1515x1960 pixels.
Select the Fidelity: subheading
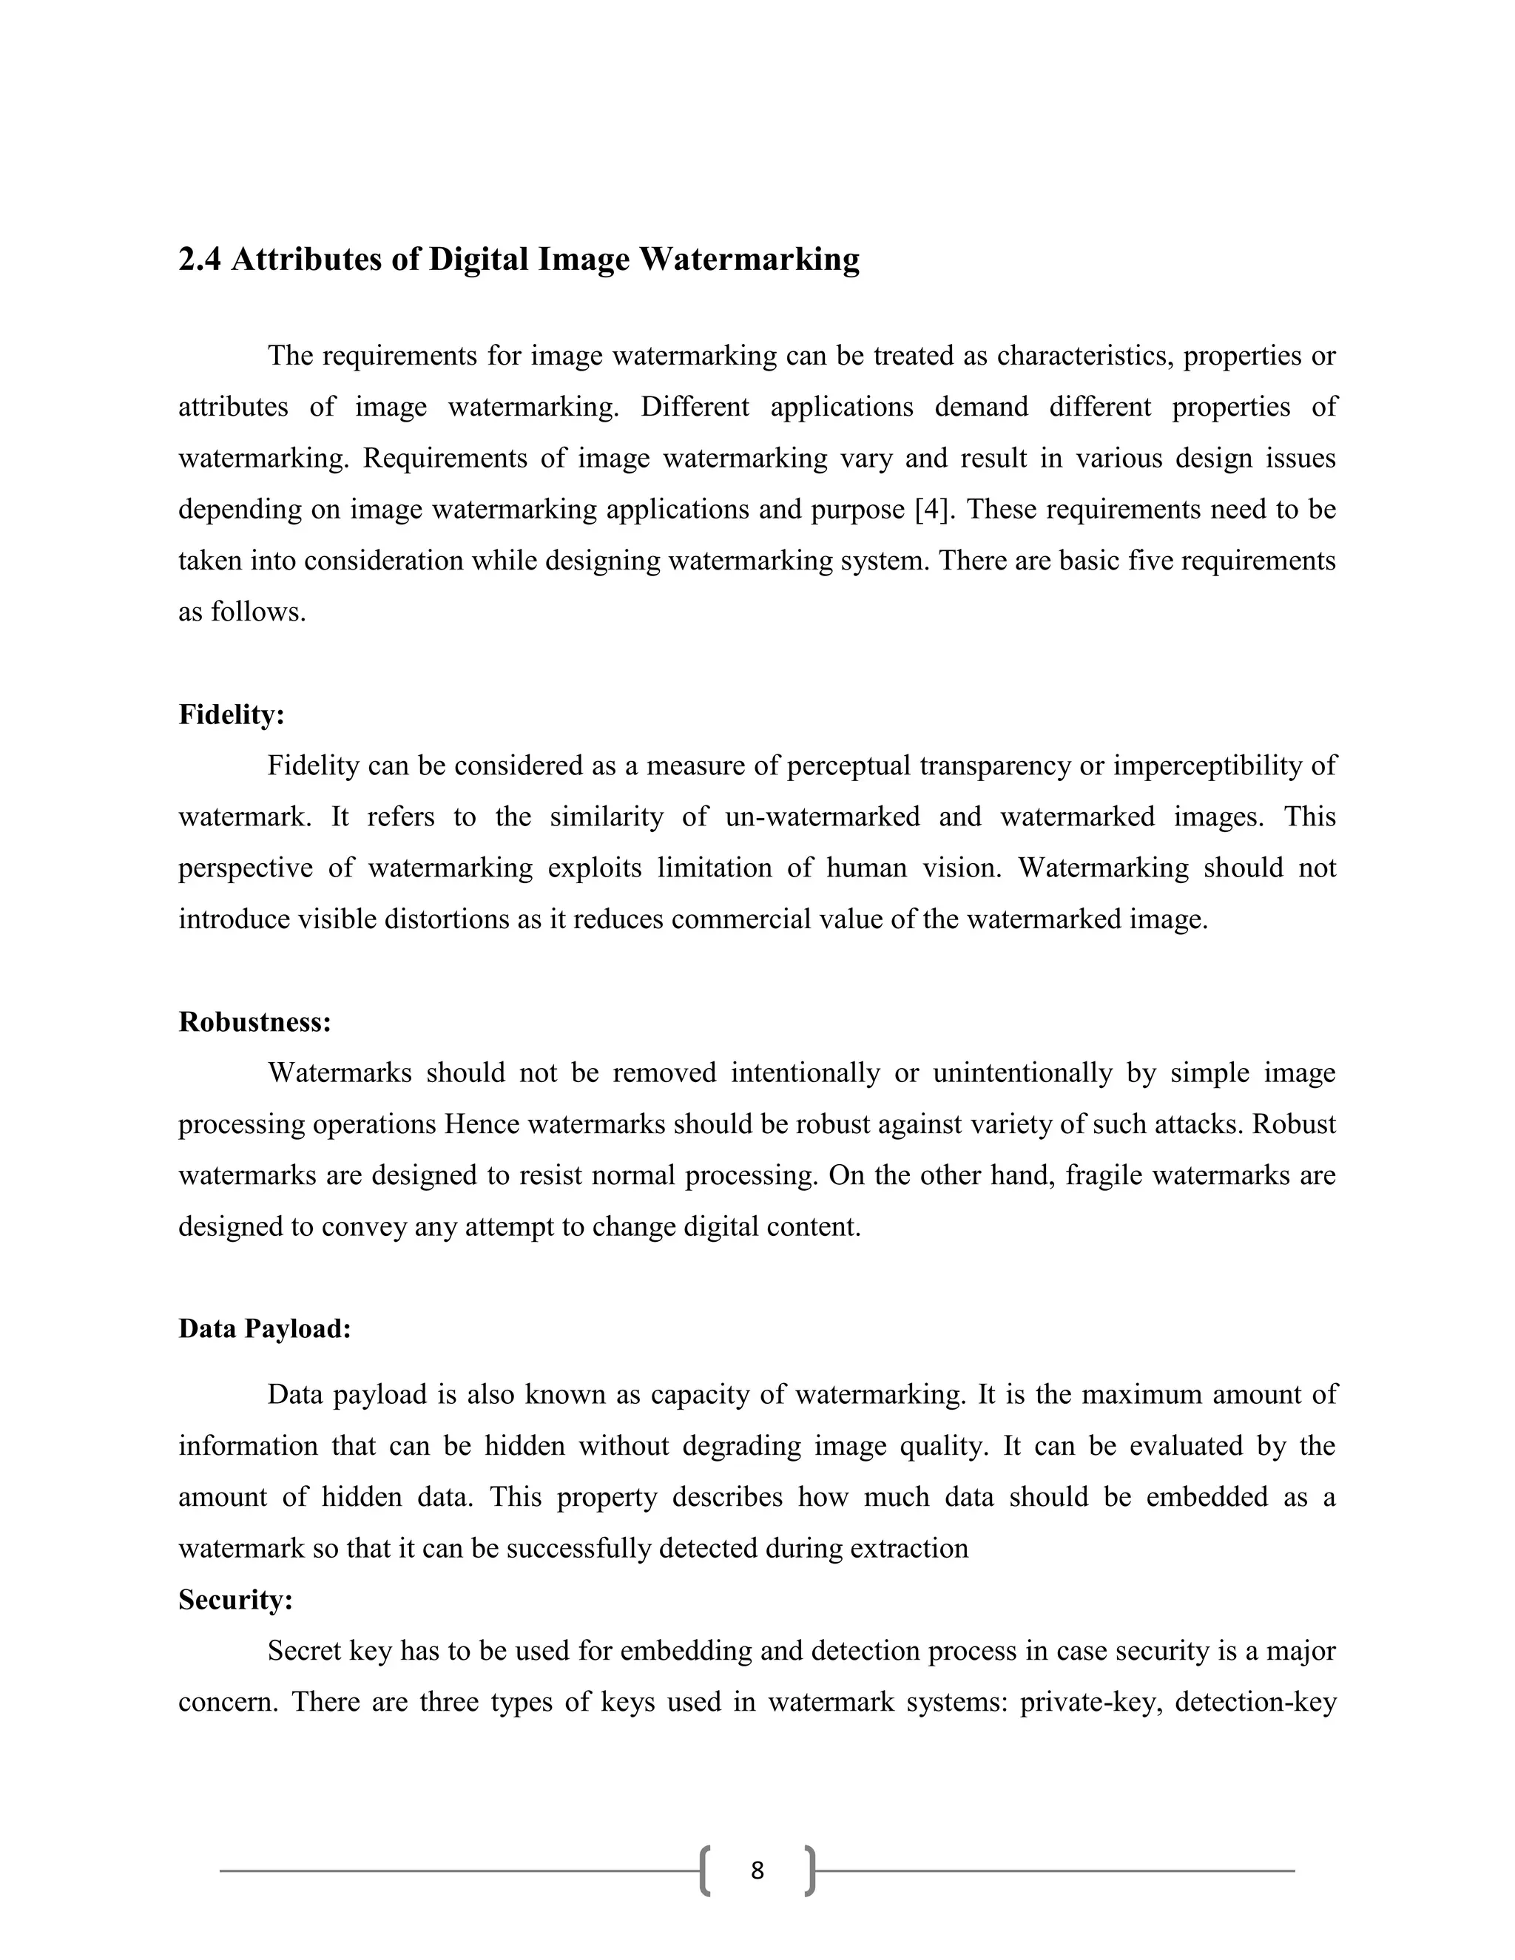[x=232, y=714]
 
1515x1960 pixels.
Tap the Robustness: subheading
[x=255, y=1021]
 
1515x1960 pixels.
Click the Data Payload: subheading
[x=265, y=1328]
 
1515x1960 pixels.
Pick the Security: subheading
[x=236, y=1599]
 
